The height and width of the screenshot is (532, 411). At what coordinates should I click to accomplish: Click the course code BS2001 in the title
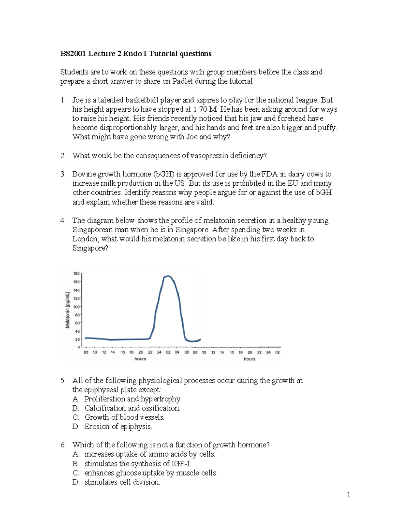tap(73, 54)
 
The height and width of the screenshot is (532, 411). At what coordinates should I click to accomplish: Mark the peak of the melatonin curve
tap(167, 276)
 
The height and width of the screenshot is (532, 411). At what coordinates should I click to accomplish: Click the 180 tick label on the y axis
tap(76, 274)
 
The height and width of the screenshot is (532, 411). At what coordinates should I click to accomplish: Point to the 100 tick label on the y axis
tap(76, 307)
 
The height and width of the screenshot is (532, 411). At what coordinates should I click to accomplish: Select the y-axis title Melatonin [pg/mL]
tap(68, 310)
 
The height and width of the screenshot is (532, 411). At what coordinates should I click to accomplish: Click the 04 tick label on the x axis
tap(177, 352)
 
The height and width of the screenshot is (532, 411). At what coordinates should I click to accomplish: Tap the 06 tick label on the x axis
tap(187, 352)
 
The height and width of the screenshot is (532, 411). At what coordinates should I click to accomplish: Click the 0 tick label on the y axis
tap(78, 347)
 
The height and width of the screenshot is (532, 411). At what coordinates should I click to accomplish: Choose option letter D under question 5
tap(76, 427)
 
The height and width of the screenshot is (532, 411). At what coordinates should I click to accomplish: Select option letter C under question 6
tap(76, 473)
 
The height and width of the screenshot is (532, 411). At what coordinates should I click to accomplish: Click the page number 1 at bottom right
tap(348, 495)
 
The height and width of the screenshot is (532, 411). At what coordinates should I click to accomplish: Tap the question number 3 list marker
tap(63, 174)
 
